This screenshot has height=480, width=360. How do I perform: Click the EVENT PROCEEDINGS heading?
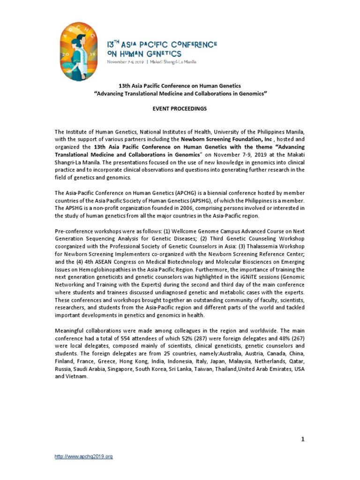180,108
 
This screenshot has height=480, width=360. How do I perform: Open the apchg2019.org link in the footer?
84,457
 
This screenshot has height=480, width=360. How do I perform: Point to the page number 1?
303,439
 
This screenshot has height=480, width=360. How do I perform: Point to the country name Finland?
64,362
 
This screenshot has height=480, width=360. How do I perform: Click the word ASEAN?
102,262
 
